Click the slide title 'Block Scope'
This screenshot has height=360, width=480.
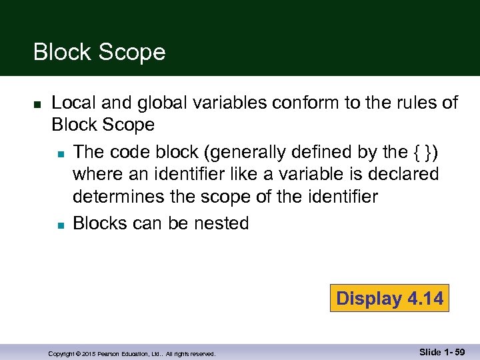click(x=99, y=52)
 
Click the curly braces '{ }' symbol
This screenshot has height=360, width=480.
click(x=425, y=152)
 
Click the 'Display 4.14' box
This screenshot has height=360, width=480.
click(x=389, y=298)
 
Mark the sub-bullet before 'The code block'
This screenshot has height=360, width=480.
click(x=60, y=154)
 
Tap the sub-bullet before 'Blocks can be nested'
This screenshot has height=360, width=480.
click(x=60, y=225)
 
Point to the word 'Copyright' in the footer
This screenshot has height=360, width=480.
click(x=61, y=354)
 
